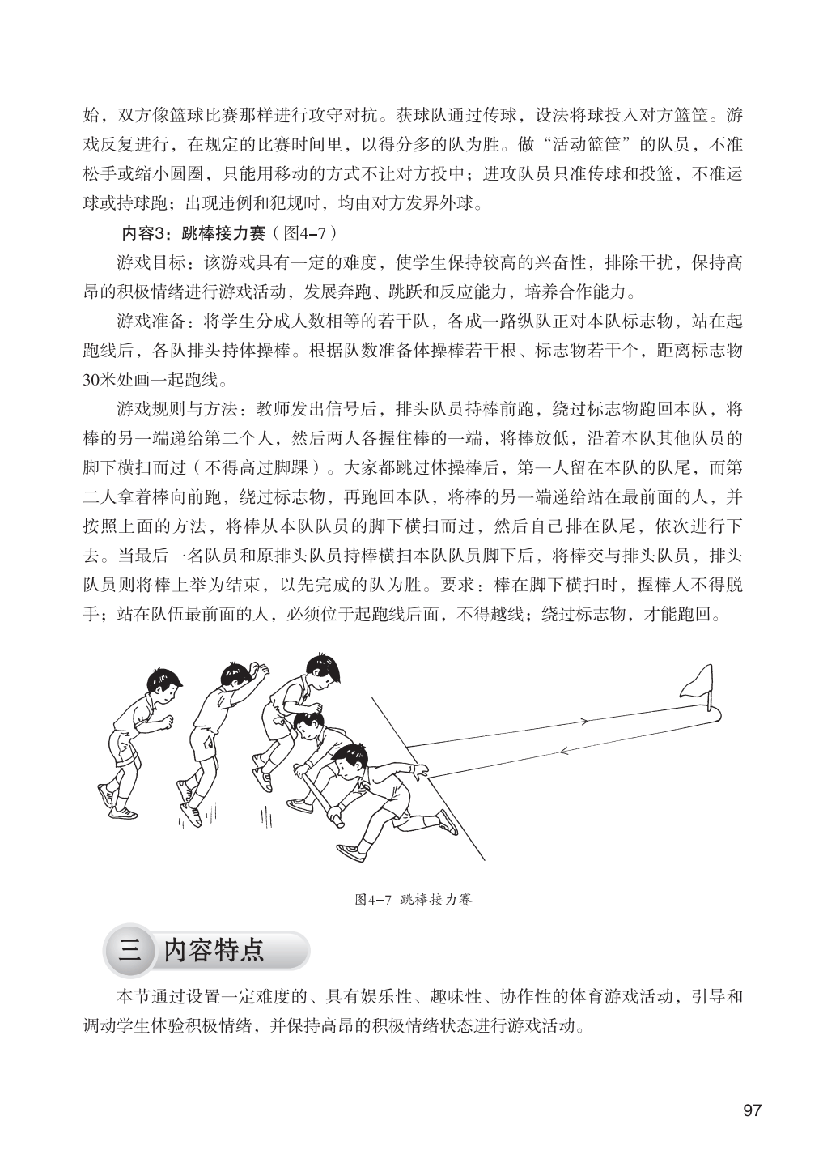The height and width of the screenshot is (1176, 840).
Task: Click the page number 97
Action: tap(752, 1110)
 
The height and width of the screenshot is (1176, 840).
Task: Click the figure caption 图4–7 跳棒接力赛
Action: tap(413, 900)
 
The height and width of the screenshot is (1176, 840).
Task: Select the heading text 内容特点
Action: tap(214, 949)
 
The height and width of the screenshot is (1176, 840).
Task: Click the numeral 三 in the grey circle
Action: tap(129, 950)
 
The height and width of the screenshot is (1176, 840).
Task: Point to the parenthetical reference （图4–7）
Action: tap(305, 233)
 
